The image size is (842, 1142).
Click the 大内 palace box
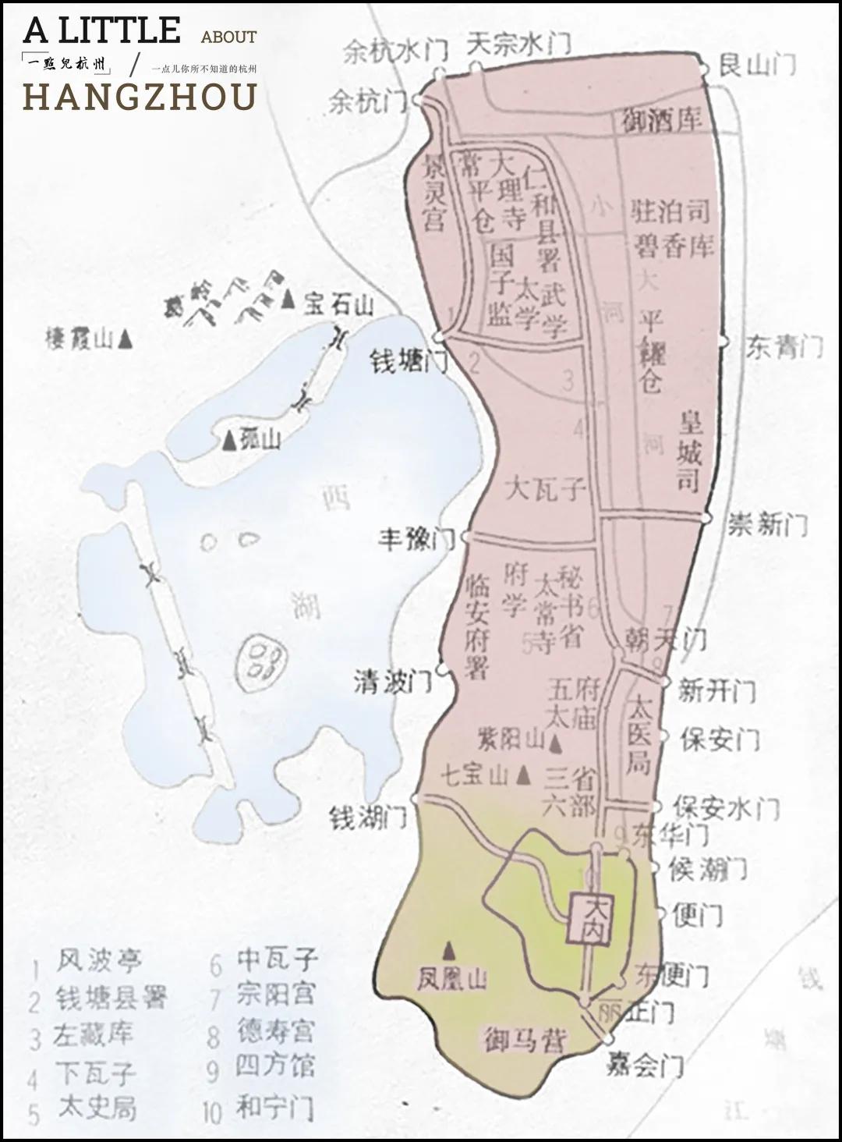coord(590,918)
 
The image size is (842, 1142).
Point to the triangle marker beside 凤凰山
coord(449,949)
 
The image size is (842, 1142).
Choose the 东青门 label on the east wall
coord(783,347)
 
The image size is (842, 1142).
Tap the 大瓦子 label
coord(544,490)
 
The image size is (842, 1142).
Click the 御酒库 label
coord(662,119)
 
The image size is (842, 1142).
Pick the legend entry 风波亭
coord(99,960)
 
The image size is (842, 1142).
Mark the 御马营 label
coord(524,1040)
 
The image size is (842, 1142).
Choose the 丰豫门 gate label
coord(416,540)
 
